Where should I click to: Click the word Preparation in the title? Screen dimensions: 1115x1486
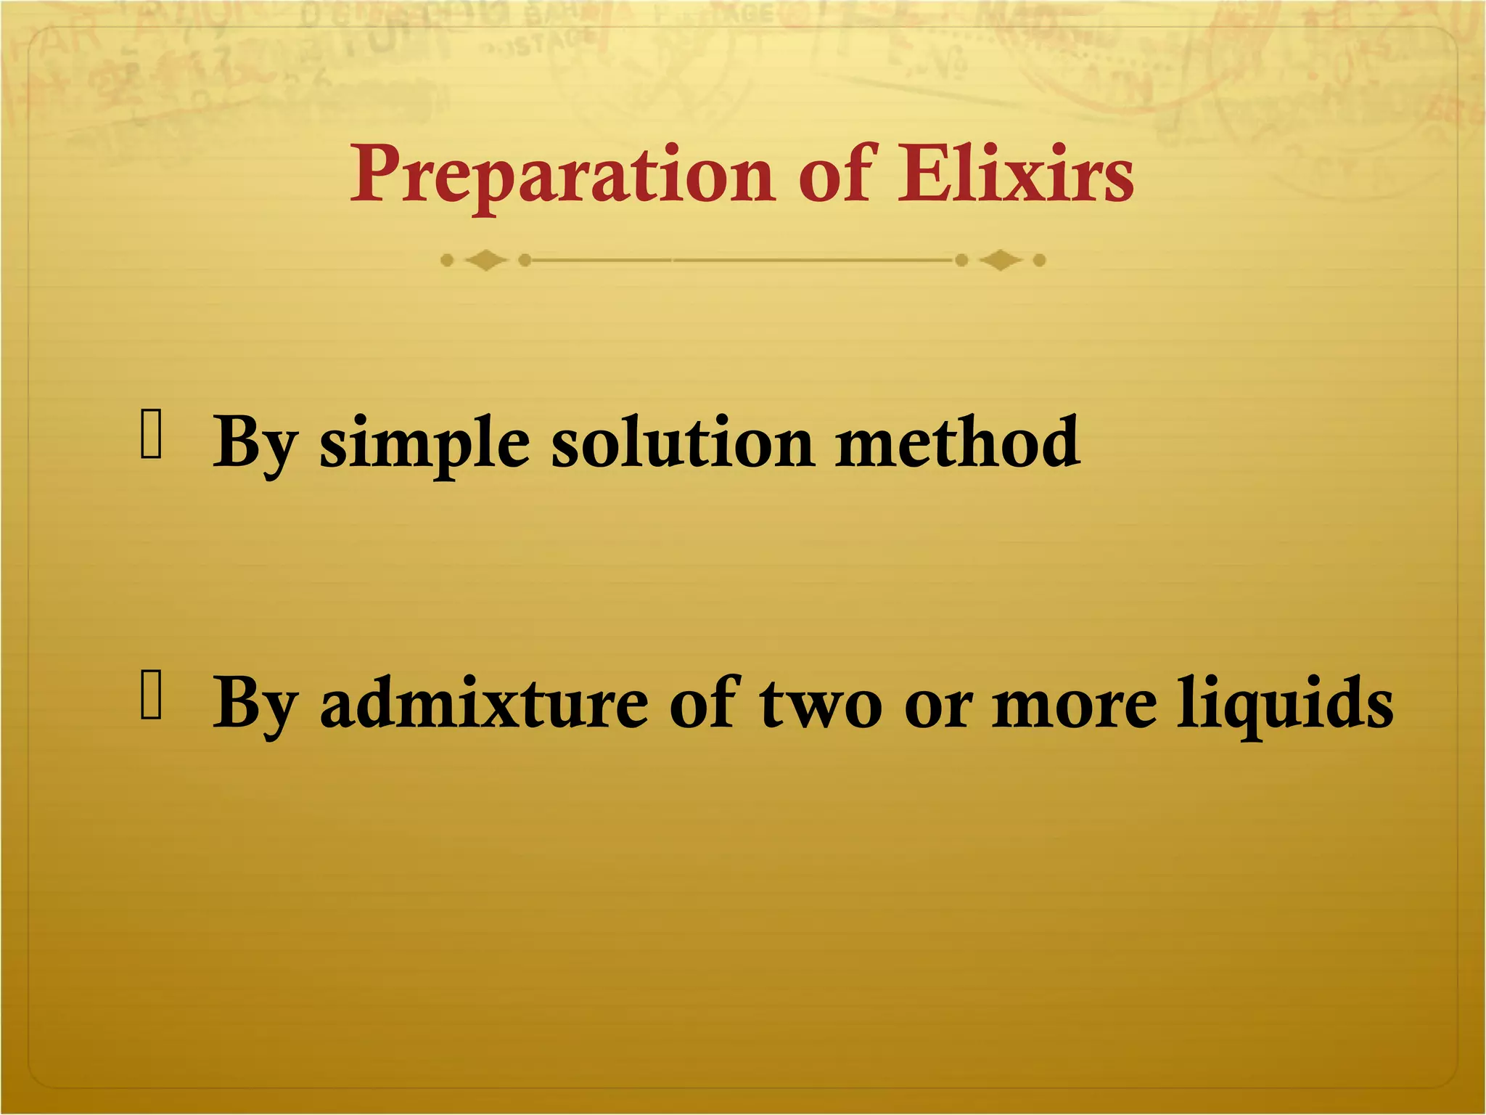coord(562,176)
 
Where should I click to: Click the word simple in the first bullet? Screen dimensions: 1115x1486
coord(424,444)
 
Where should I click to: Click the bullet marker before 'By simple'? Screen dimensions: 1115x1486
coord(151,434)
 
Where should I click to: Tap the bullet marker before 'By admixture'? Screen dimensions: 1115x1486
coord(151,695)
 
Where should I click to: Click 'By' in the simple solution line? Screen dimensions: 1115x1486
coord(255,444)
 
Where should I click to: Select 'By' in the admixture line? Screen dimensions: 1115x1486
coord(255,704)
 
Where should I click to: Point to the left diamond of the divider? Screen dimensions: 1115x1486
coord(485,260)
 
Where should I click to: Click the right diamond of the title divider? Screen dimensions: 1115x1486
coord(1000,260)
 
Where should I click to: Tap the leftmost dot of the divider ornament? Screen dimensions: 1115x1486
coord(447,260)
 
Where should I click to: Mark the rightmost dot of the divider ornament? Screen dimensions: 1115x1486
coord(1039,260)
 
